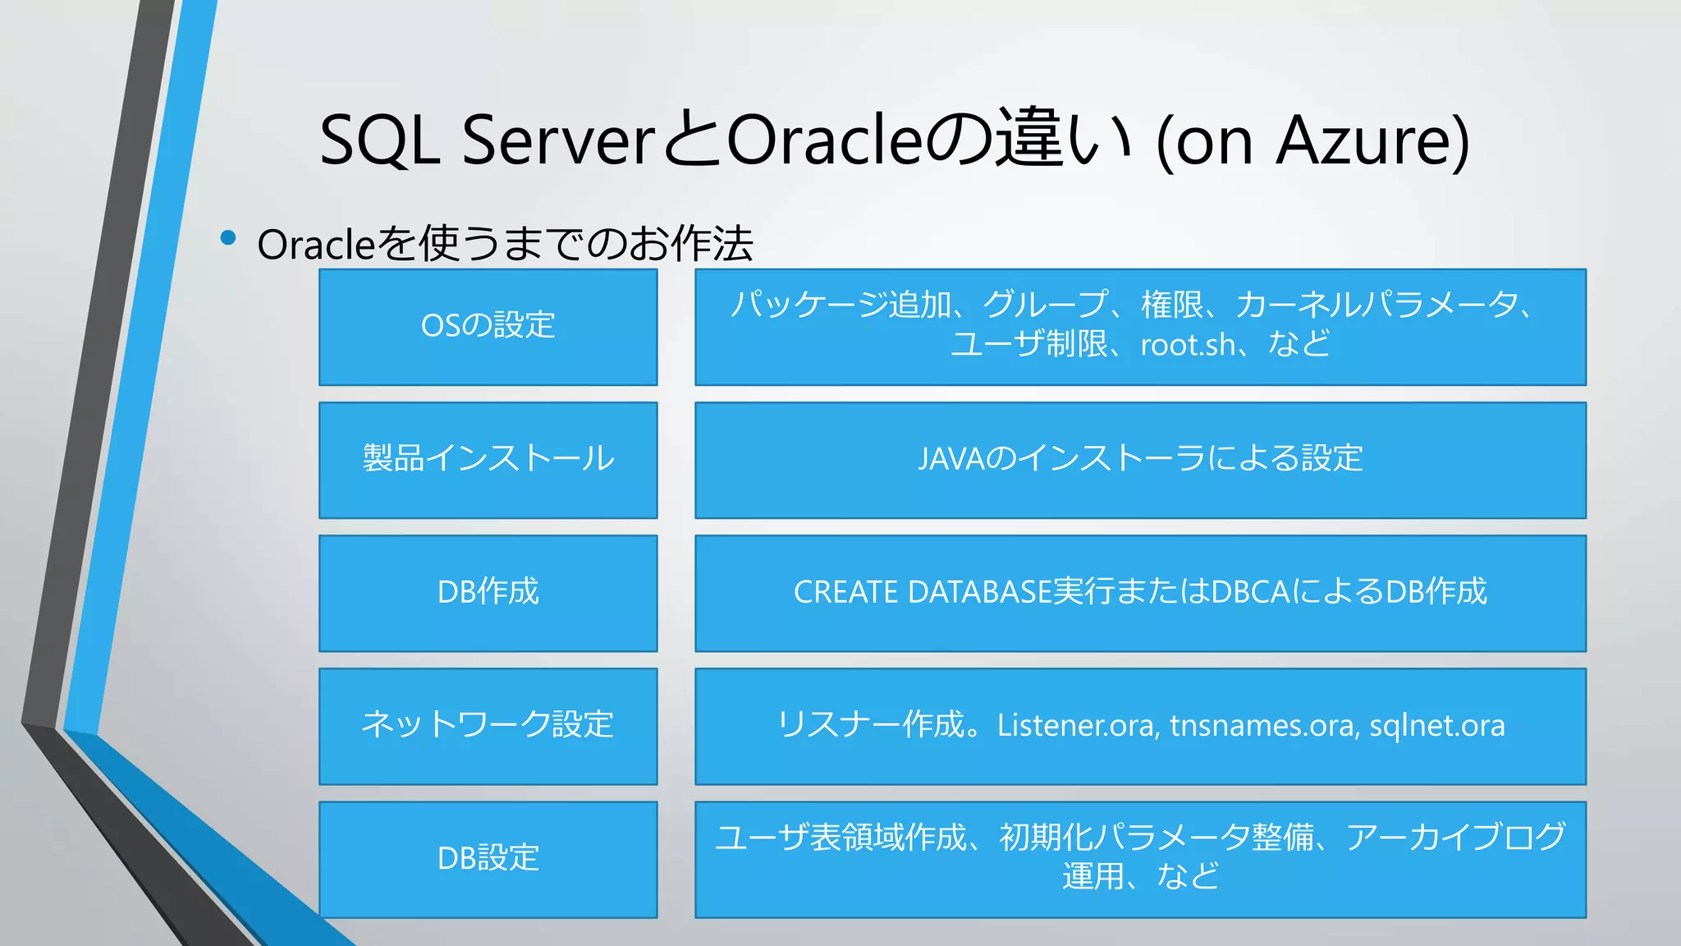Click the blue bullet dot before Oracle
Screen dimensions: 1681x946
click(x=228, y=239)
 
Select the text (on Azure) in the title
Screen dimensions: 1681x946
click(x=1311, y=141)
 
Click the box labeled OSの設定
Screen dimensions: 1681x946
click(x=488, y=327)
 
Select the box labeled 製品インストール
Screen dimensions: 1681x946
click(x=488, y=460)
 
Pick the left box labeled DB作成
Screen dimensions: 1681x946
click(x=488, y=593)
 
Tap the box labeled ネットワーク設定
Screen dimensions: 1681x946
click(x=488, y=726)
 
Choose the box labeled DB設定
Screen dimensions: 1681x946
click(x=488, y=859)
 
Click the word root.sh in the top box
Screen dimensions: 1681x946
click(x=1187, y=345)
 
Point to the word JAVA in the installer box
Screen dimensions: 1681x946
click(x=950, y=459)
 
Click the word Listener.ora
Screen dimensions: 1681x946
click(x=1078, y=726)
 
